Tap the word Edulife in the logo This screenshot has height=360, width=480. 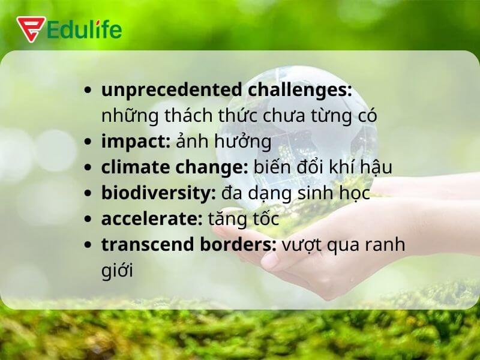click(85, 29)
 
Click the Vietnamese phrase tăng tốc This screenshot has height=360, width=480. click(243, 219)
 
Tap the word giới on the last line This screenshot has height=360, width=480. click(116, 271)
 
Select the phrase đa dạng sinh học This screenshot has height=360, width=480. click(293, 194)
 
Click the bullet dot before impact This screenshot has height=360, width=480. click(89, 143)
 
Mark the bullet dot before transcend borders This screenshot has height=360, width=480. click(89, 245)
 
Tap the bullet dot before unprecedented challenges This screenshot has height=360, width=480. click(89, 91)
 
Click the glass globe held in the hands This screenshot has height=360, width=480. click(312, 120)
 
